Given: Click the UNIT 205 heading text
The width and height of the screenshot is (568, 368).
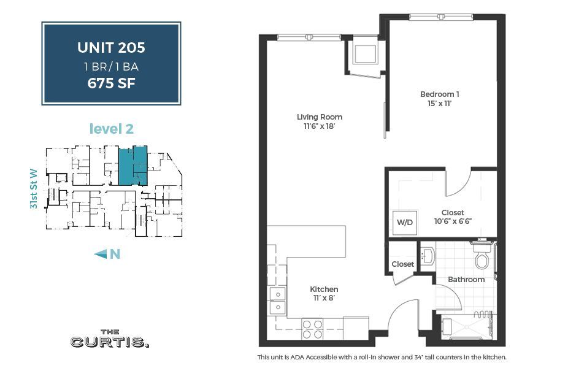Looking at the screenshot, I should [111, 47].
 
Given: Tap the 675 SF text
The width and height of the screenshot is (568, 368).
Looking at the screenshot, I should [111, 83].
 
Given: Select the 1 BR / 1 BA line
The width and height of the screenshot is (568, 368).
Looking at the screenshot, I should [111, 66].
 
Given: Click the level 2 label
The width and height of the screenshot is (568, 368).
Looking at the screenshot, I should [111, 129].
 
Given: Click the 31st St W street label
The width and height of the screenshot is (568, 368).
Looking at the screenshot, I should [34, 189].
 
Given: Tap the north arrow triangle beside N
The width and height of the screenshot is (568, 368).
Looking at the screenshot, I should [101, 254].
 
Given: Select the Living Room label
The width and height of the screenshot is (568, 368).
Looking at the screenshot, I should [319, 117].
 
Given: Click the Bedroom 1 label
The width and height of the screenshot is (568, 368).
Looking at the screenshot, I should [440, 94].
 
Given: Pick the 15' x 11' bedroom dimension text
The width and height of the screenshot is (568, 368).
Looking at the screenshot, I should [440, 104].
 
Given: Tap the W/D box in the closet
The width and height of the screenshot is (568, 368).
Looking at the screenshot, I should [404, 222].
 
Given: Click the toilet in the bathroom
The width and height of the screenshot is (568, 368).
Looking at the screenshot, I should [482, 258].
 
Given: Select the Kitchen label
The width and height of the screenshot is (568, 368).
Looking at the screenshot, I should [324, 289].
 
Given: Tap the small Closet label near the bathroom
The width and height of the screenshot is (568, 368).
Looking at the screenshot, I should [403, 264].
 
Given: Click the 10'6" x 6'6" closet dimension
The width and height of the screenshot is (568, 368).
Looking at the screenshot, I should [452, 221].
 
